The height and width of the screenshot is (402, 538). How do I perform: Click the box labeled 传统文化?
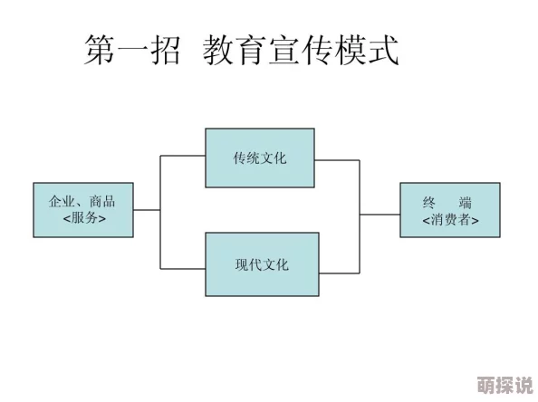(x=260, y=158)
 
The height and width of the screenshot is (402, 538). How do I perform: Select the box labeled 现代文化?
(x=262, y=264)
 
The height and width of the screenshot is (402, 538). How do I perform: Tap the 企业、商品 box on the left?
(x=83, y=210)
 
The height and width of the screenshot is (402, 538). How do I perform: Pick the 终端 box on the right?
(x=449, y=210)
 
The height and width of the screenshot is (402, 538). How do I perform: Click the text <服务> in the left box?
(x=83, y=219)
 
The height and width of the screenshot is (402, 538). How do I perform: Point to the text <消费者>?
(x=450, y=220)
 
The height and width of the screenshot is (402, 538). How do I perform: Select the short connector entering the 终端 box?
(x=379, y=215)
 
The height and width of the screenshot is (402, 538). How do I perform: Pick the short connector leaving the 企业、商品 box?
(x=147, y=210)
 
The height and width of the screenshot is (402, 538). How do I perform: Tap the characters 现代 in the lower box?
(x=248, y=264)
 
